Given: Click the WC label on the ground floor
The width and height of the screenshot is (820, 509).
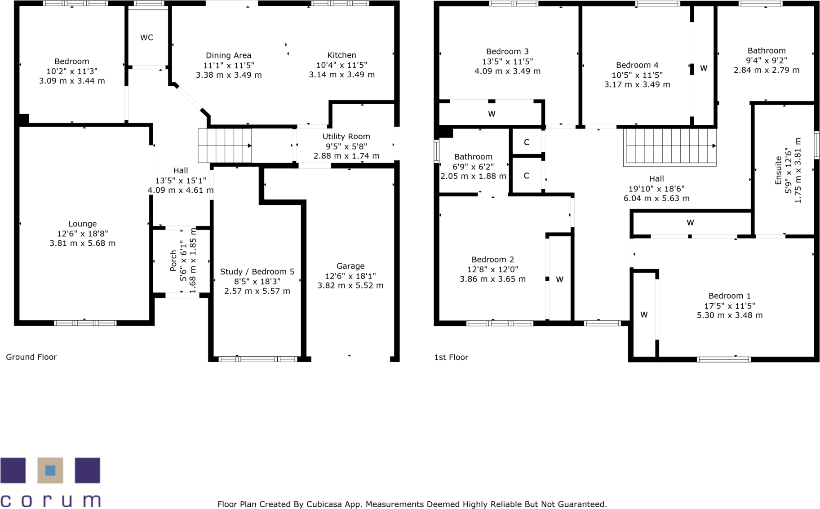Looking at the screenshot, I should [146, 38].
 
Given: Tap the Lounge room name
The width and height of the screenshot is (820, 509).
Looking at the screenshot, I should [82, 224].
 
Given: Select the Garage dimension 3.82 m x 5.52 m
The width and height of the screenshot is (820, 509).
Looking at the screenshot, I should [350, 286].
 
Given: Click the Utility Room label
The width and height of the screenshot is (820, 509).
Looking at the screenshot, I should [346, 137].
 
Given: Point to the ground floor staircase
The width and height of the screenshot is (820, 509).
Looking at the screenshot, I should [225, 146].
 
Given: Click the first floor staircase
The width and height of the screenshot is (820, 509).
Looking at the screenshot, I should [669, 146].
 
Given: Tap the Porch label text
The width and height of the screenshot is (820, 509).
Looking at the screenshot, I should [173, 261].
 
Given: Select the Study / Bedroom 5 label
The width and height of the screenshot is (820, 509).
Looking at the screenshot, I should [257, 272].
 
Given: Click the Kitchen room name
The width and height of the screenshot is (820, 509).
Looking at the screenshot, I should [341, 55].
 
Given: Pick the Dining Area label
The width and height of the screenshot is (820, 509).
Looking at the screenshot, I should [228, 56].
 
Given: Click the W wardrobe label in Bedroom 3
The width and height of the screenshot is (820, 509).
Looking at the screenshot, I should [492, 114].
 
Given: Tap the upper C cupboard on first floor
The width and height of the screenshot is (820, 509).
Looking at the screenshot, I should [527, 142].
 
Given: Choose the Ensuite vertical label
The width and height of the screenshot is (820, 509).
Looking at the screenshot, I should [778, 171].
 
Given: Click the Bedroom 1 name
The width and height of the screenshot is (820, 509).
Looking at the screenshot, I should [729, 296].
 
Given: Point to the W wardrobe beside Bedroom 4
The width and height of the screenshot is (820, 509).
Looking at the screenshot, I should [704, 68].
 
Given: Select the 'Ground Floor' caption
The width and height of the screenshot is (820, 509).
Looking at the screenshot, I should [31, 357].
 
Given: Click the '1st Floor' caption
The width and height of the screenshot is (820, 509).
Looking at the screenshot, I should [451, 358].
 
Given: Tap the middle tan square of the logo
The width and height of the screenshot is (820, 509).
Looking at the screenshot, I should [50, 470].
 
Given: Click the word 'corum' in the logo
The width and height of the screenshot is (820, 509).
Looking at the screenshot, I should [50, 500].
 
